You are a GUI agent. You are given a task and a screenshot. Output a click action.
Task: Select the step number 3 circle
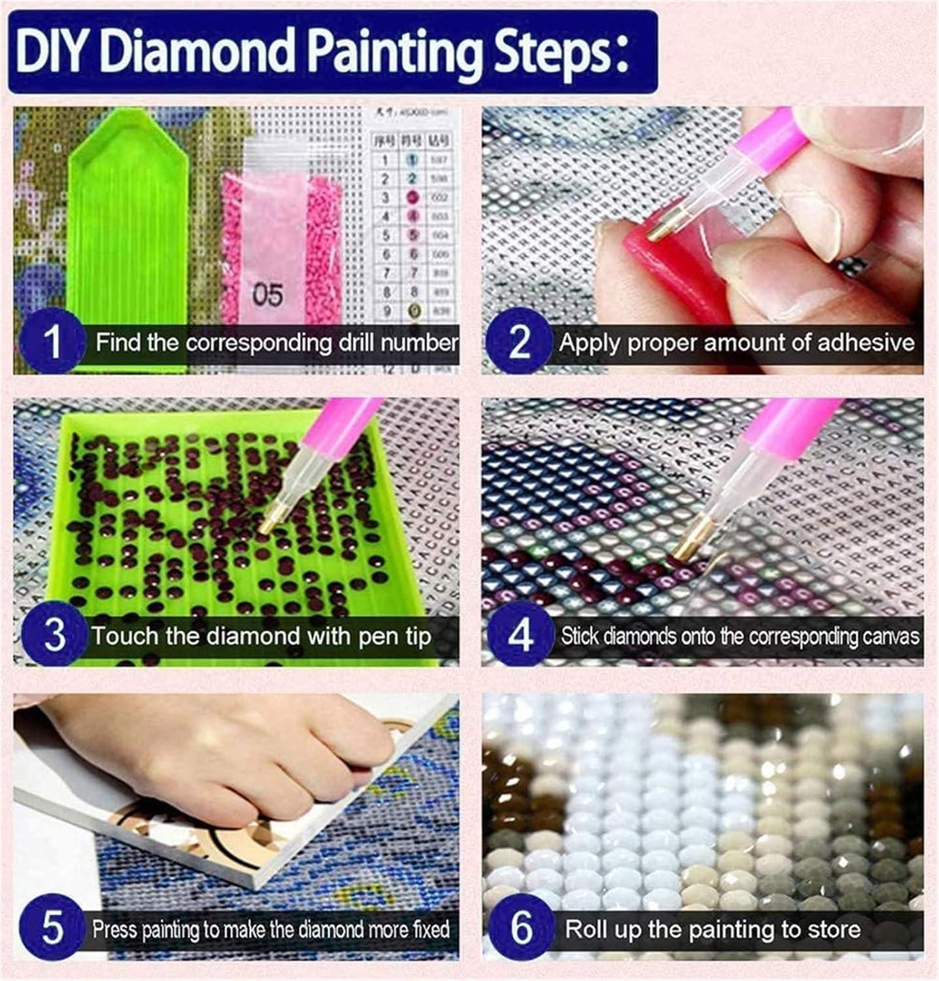coord(54,634)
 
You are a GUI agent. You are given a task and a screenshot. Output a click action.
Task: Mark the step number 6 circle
coord(521,929)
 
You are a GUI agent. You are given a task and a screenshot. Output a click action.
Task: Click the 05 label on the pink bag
coord(267,295)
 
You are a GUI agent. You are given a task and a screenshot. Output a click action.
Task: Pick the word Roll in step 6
coord(586,929)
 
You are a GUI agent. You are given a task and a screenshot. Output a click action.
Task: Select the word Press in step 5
coord(114,929)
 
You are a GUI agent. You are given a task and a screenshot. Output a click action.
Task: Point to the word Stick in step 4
coord(579,636)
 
